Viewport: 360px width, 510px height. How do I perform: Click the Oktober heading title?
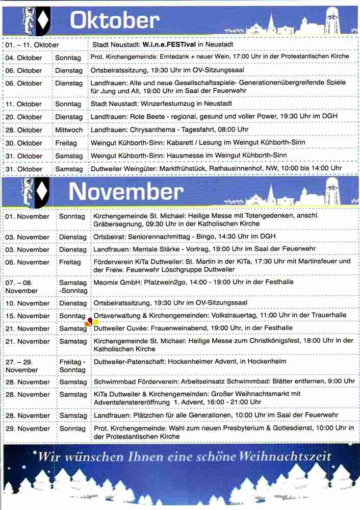(114, 20)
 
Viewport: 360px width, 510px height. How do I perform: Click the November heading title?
(126, 191)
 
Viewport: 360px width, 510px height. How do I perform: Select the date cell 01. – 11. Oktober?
(32, 45)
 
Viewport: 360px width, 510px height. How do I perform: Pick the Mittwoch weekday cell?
(69, 130)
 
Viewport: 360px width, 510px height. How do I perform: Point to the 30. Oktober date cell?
(23, 143)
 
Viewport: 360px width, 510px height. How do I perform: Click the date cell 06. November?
(27, 262)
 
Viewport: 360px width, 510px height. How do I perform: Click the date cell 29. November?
(28, 429)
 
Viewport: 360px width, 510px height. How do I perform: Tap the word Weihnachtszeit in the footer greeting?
(289, 455)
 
